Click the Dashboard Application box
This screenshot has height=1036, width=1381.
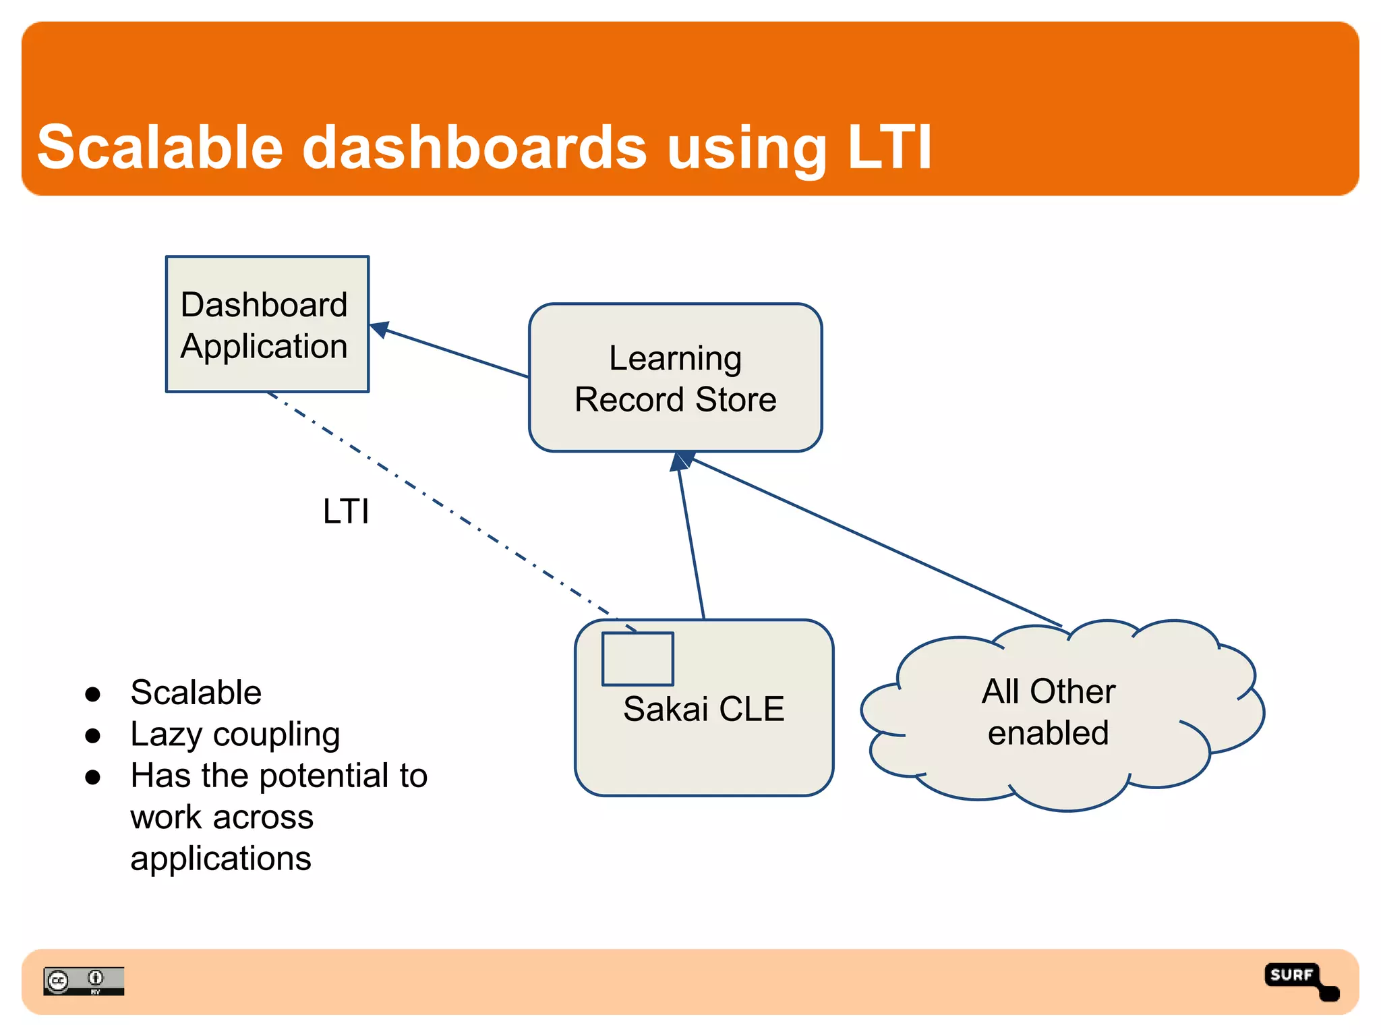(x=267, y=324)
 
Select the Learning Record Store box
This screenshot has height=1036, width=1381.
(x=675, y=378)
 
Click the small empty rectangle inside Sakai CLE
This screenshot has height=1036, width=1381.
(x=637, y=659)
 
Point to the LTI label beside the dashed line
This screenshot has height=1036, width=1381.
(x=346, y=511)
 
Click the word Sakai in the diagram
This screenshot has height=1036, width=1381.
(x=665, y=709)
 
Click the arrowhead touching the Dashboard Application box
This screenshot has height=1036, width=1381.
(x=379, y=328)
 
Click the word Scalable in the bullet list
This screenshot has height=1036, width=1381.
(x=196, y=693)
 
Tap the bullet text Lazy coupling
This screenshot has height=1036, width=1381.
(x=235, y=735)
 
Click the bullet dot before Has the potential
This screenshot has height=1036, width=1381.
(x=93, y=777)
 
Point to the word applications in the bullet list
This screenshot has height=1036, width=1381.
(x=221, y=859)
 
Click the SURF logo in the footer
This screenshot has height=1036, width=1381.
(x=1299, y=980)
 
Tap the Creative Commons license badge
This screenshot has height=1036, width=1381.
(x=84, y=981)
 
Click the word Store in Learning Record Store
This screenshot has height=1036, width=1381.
(x=736, y=399)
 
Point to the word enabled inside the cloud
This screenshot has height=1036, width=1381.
(x=1048, y=733)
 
